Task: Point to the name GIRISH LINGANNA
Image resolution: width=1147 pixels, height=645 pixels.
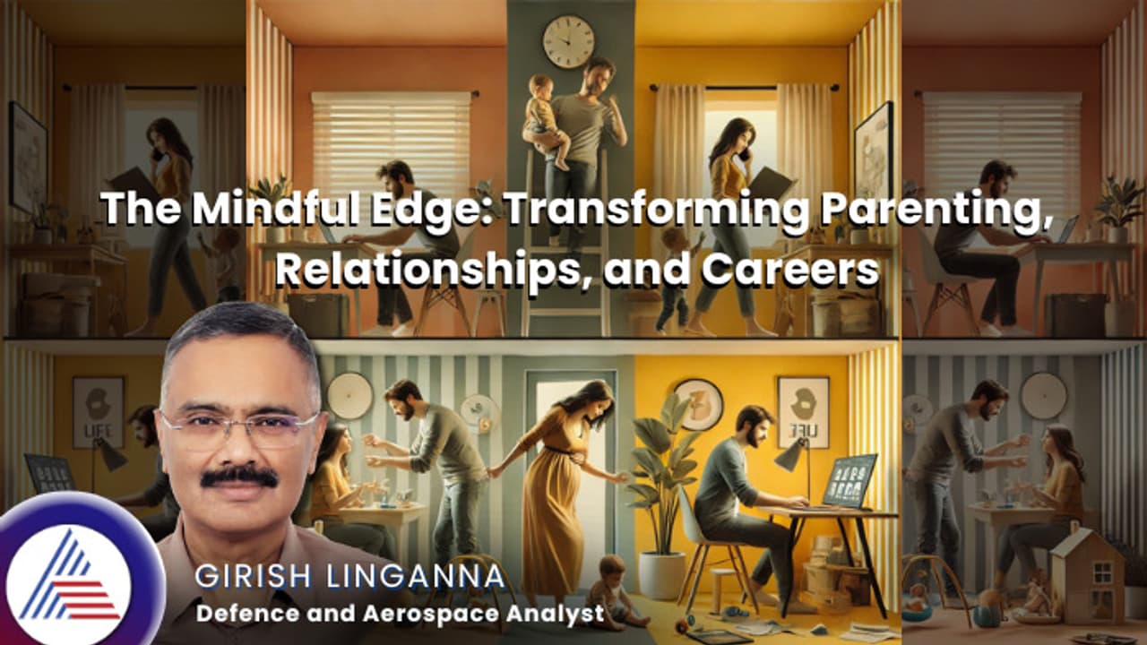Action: tap(350, 578)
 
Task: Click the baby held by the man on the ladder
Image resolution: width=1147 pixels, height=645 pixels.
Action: tap(543, 116)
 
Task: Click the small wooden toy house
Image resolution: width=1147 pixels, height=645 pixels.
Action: tap(1086, 573)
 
